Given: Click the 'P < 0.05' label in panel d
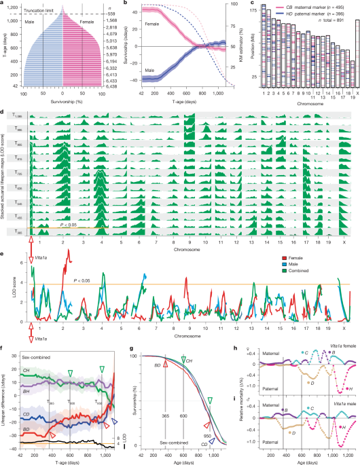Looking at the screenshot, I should point(69,224).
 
